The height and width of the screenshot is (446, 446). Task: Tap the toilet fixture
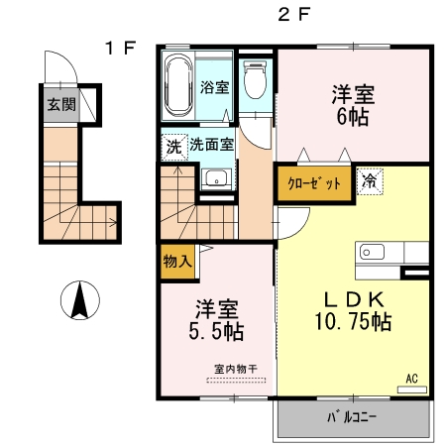click(x=255, y=78)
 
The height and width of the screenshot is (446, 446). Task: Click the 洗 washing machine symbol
click(x=173, y=144)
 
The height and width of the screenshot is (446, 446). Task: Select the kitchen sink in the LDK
click(x=374, y=252)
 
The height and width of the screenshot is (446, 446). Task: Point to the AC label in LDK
click(x=412, y=377)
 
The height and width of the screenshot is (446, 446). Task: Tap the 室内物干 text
click(x=235, y=370)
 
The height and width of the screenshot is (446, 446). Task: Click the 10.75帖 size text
click(x=351, y=322)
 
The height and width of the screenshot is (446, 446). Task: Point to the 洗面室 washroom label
click(x=211, y=144)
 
